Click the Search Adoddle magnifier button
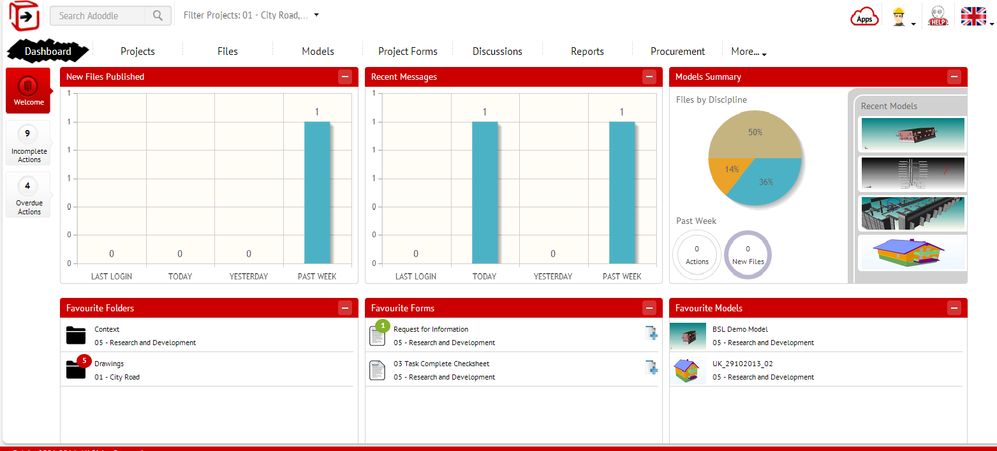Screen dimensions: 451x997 point(158,16)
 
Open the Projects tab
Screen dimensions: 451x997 point(138,51)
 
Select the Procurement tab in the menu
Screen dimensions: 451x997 point(677,51)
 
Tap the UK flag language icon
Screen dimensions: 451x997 point(973,16)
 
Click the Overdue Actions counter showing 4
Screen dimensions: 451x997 point(28,196)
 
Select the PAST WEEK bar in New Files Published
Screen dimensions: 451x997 point(317,192)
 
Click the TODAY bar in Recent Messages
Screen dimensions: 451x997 point(484,192)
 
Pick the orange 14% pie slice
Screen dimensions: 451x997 point(727,172)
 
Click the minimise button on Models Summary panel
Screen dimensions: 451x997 point(954,77)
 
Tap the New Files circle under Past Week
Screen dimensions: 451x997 point(748,255)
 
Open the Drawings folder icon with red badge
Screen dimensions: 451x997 point(76,369)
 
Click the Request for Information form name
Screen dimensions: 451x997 point(431,329)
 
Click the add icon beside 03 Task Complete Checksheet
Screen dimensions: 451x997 point(651,367)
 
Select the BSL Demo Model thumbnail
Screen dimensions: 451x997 point(688,336)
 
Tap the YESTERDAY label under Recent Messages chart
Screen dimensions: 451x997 point(553,276)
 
